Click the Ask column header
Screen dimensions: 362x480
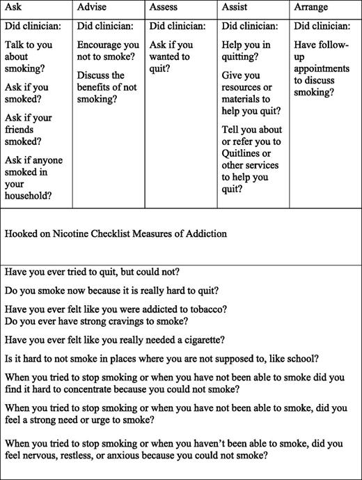(x=14, y=7)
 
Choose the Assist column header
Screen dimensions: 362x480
(x=235, y=7)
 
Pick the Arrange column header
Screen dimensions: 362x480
(x=311, y=7)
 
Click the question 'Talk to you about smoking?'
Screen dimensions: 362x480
(x=27, y=61)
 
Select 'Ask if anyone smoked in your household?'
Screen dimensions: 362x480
(x=33, y=178)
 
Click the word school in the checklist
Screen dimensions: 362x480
(x=304, y=358)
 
